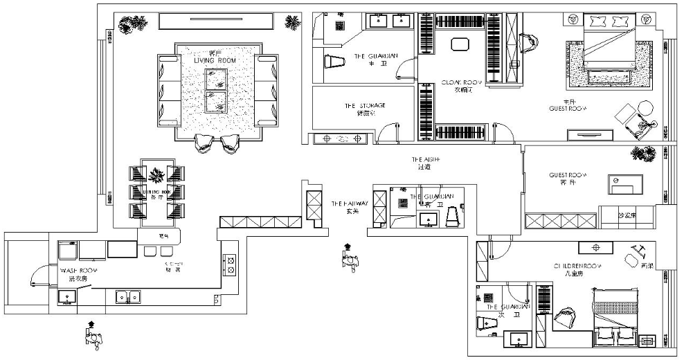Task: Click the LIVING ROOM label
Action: click(215, 61)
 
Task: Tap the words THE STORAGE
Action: click(365, 106)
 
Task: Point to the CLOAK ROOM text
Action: click(462, 82)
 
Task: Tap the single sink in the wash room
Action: click(67, 297)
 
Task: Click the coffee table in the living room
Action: click(217, 91)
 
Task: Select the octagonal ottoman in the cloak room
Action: click(460, 44)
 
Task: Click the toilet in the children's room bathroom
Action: click(485, 323)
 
